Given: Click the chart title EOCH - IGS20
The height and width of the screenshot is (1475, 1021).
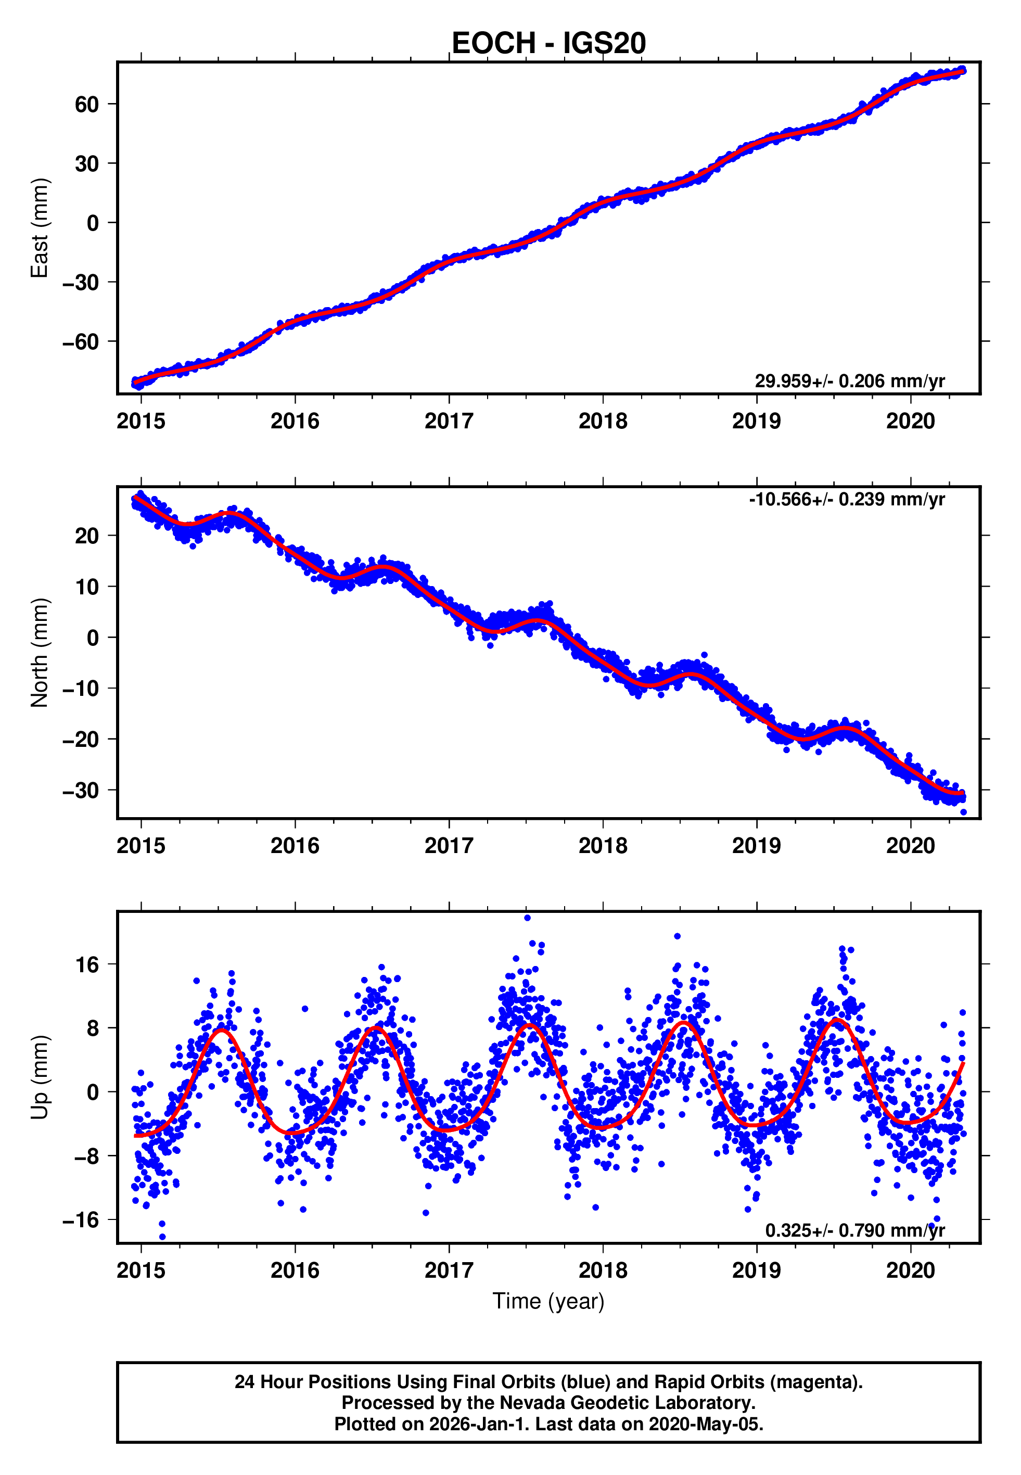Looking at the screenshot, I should point(548,44).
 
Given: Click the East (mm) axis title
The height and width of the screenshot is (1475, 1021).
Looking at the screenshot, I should point(39,228).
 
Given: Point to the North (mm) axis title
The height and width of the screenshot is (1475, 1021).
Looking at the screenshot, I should point(39,653).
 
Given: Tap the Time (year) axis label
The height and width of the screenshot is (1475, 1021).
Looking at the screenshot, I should point(548,1301).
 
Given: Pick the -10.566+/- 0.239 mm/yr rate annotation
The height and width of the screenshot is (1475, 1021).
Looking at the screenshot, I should point(846,499).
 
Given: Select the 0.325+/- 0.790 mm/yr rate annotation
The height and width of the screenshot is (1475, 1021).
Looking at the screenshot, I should point(854,1230).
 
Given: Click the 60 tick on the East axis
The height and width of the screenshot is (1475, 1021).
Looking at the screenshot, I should point(87,104).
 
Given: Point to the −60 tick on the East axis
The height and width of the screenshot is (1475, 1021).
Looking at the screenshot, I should point(81,341).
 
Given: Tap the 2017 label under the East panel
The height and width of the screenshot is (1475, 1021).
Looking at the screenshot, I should point(449,421).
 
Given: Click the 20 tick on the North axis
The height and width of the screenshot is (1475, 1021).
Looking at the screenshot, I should point(87,536).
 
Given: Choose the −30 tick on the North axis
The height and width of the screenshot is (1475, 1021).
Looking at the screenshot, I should point(81,791).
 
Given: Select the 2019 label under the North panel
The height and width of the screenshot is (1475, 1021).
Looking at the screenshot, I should point(756,846).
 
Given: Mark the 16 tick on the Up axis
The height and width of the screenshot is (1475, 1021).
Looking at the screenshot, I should point(87,964).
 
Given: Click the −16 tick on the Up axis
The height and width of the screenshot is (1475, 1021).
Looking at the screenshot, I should point(81,1220).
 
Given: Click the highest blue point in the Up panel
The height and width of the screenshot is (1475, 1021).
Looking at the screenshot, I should point(527,918).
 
